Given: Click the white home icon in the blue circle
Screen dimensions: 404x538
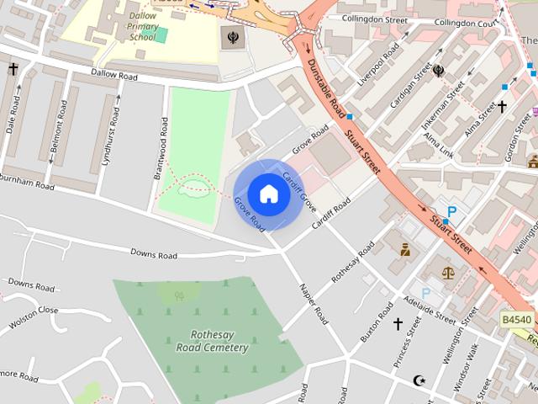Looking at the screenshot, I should (268, 194).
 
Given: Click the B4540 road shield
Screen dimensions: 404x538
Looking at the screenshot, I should (516, 320).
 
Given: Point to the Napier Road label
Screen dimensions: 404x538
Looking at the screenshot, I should (313, 304).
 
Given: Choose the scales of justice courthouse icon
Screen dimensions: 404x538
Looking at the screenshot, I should (447, 273).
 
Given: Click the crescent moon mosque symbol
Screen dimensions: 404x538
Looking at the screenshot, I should (419, 381).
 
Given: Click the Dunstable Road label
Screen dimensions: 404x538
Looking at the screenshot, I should (324, 86).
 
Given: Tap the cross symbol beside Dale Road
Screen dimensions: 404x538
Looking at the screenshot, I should (13, 69).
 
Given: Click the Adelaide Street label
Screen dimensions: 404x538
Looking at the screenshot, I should (429, 309).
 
